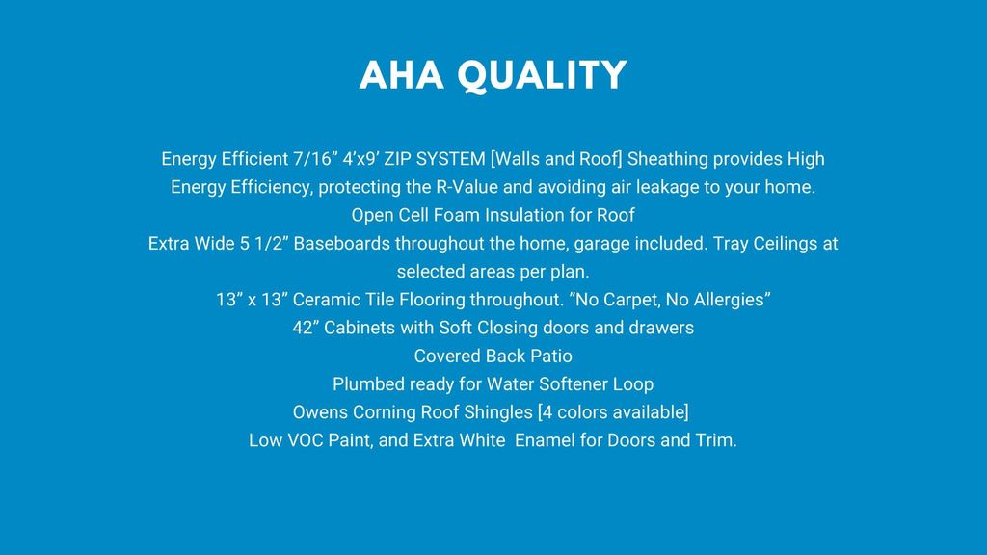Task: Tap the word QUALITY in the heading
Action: (542, 76)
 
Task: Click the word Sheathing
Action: (667, 159)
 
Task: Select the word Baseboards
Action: (342, 244)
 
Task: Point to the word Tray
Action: (731, 244)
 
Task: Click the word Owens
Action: (320, 412)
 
